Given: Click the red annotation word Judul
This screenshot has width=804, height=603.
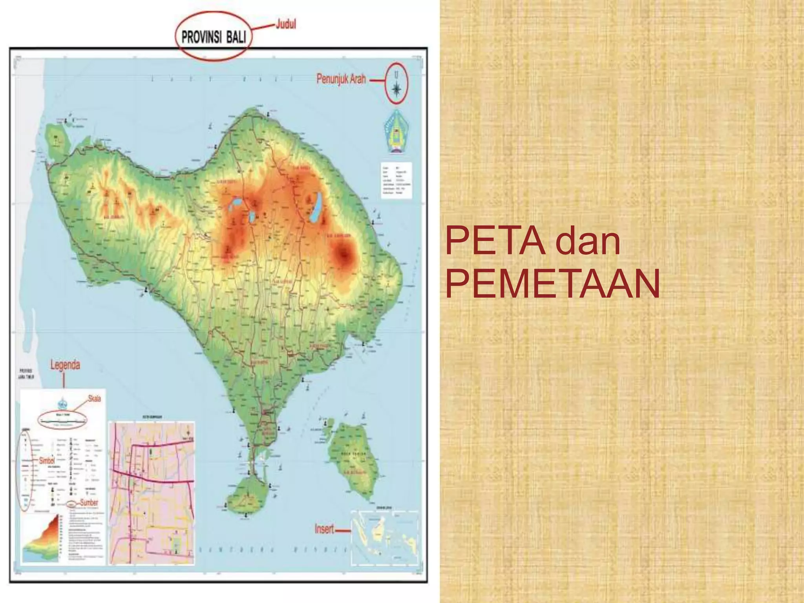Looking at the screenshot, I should click(286, 24).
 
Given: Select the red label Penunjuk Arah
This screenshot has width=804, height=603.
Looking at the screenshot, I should click(341, 79).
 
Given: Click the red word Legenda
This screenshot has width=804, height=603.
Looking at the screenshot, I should click(65, 365).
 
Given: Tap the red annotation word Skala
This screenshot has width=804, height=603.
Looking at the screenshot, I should click(94, 398).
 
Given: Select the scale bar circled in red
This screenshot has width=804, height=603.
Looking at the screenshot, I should click(63, 420).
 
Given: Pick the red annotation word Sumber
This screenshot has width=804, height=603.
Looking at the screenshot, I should click(89, 502).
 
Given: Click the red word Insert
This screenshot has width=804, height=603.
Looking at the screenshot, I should click(324, 529).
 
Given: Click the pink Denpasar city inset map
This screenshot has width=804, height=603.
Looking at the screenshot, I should click(152, 493).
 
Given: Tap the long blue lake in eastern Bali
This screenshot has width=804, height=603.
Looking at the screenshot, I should click(316, 207).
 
